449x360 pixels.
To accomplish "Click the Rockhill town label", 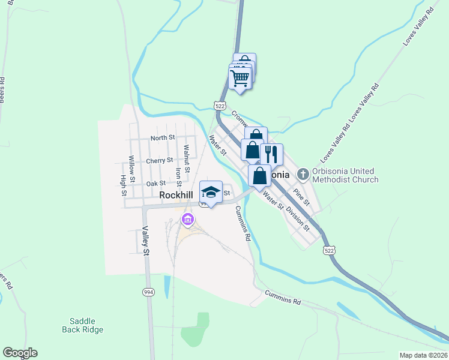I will (x=175, y=195).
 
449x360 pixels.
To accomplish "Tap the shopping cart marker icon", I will (x=240, y=78).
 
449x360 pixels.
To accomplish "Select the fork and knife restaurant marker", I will (x=271, y=155).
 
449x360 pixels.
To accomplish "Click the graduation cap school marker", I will (x=211, y=192).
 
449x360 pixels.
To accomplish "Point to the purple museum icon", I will (x=188, y=220).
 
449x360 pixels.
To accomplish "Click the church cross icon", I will (x=303, y=175).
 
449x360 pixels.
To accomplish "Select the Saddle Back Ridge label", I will (x=83, y=325).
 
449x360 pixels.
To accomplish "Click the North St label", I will (x=162, y=137).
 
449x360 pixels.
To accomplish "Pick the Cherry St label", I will (x=159, y=160).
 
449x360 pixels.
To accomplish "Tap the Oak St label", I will (x=155, y=183).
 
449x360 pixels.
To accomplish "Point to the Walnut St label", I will (x=187, y=158).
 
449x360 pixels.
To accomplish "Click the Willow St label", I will (x=131, y=166).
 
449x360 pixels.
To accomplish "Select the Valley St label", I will (x=145, y=240).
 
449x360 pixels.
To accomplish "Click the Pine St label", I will (x=301, y=197).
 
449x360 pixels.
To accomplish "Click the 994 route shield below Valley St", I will (x=148, y=292).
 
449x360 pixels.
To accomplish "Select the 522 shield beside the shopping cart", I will (x=220, y=106).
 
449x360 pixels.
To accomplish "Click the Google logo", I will (x=20, y=353).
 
